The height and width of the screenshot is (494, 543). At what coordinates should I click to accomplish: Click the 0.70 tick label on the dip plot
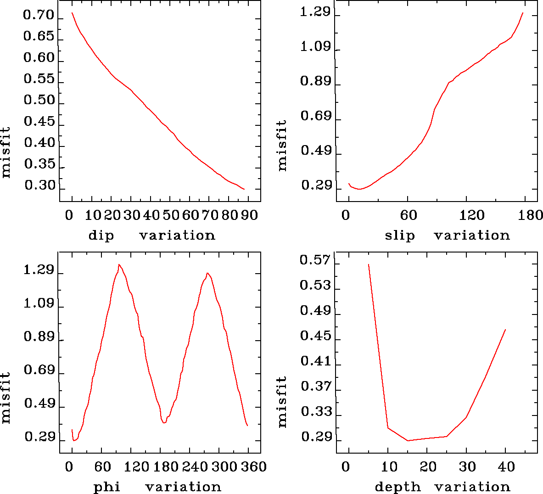coord(39,16)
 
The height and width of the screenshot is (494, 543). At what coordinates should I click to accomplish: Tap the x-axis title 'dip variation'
coord(151,236)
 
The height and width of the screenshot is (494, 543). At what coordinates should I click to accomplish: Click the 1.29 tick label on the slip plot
coord(315,12)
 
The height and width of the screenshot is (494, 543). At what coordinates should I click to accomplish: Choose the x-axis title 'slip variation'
coord(447,236)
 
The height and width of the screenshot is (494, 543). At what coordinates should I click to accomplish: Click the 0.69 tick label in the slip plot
coord(316,116)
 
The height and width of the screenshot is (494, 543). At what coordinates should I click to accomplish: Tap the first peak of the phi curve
coord(119,264)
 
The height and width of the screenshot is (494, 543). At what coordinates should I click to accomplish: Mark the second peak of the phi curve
coord(207,273)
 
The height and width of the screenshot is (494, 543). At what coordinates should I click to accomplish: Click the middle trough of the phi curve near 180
coord(163,422)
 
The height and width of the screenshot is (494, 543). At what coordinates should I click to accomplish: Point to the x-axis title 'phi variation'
coord(157,487)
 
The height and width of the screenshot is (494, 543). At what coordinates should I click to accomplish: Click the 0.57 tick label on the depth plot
coord(315,260)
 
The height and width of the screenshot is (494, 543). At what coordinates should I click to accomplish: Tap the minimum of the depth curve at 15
coord(408,441)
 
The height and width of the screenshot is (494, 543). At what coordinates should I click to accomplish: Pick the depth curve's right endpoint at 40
coord(505,329)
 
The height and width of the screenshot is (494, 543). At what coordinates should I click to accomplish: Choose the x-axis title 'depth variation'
coord(442,487)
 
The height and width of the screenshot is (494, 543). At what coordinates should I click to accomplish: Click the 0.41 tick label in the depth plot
coord(316,361)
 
